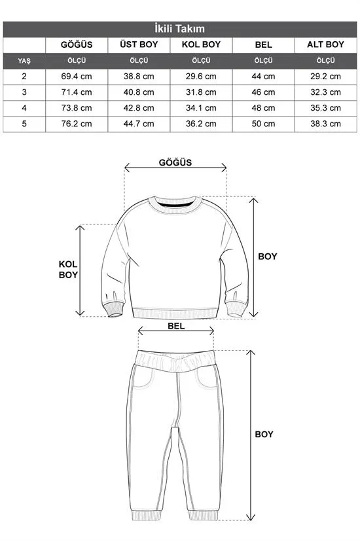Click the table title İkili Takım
click(x=180, y=29)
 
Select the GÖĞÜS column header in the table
click(x=76, y=45)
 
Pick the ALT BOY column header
click(x=325, y=45)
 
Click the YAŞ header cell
click(x=24, y=61)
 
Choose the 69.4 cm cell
click(x=76, y=77)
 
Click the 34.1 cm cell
click(x=200, y=108)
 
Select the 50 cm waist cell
click(x=263, y=124)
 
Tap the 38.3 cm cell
click(x=325, y=124)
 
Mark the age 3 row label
click(x=24, y=92)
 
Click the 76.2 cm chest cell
click(x=76, y=124)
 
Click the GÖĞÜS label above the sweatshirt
click(x=175, y=163)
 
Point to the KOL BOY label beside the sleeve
click(x=68, y=269)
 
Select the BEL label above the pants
click(x=176, y=324)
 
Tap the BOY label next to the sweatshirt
click(x=267, y=257)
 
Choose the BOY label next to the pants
click(x=264, y=434)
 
